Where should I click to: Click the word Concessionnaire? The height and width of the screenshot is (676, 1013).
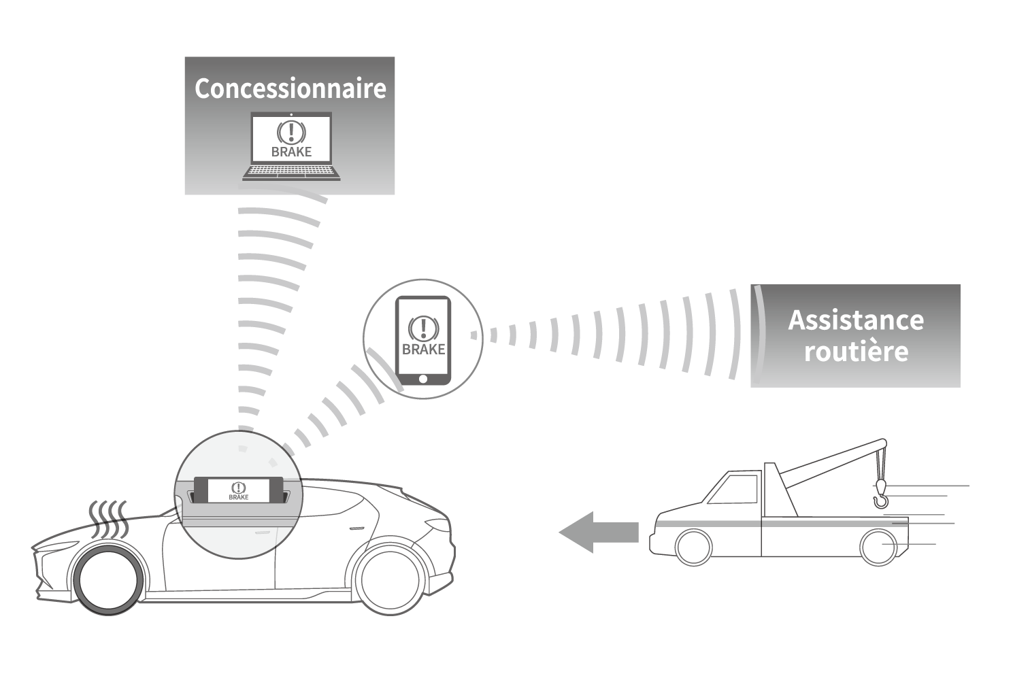tap(290, 89)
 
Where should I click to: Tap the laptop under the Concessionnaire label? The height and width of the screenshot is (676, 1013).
tap(291, 147)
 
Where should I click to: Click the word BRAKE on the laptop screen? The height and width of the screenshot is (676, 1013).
tap(291, 152)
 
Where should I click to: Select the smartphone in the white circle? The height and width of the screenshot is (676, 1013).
tap(422, 340)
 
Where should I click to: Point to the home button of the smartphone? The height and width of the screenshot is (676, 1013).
tap(422, 378)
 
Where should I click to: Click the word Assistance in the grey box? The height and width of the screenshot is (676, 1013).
tap(856, 320)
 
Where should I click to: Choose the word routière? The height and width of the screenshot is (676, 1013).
tap(856, 352)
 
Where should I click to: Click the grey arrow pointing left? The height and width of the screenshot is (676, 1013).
tap(599, 532)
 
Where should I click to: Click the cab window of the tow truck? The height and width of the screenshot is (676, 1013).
tap(734, 489)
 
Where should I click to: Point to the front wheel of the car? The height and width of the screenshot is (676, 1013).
tap(110, 578)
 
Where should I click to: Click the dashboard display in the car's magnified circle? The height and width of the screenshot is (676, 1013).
tap(239, 490)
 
